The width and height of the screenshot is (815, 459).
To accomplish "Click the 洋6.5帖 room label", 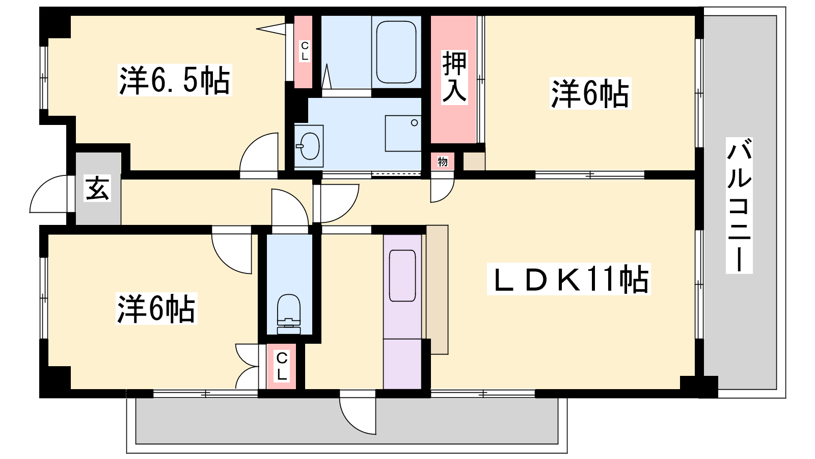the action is [x=175, y=80].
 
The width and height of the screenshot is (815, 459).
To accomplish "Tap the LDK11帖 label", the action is [x=568, y=279].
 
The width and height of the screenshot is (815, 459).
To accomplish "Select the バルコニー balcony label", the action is [x=739, y=206].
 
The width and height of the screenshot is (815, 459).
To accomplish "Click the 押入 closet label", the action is [x=454, y=78].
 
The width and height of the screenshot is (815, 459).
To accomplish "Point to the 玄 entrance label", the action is [x=97, y=188].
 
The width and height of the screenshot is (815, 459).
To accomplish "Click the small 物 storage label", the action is [x=443, y=161].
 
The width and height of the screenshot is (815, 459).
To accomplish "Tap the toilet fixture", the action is [x=289, y=314].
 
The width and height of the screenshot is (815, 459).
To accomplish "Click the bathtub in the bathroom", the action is [x=396, y=52].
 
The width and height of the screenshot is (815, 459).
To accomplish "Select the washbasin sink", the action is [x=309, y=146].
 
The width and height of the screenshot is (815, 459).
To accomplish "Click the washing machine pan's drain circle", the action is [x=414, y=123].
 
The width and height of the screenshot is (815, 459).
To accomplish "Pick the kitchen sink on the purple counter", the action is [x=402, y=276].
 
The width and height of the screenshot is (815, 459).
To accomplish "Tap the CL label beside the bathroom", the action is [x=305, y=52].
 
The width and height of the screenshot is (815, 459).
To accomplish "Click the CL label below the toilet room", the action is [x=282, y=367].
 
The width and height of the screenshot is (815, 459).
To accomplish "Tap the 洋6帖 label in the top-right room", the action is [x=590, y=93].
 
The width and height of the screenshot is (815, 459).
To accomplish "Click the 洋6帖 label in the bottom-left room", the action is [x=156, y=309].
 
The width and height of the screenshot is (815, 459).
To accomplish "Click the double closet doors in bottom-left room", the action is [x=248, y=366].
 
